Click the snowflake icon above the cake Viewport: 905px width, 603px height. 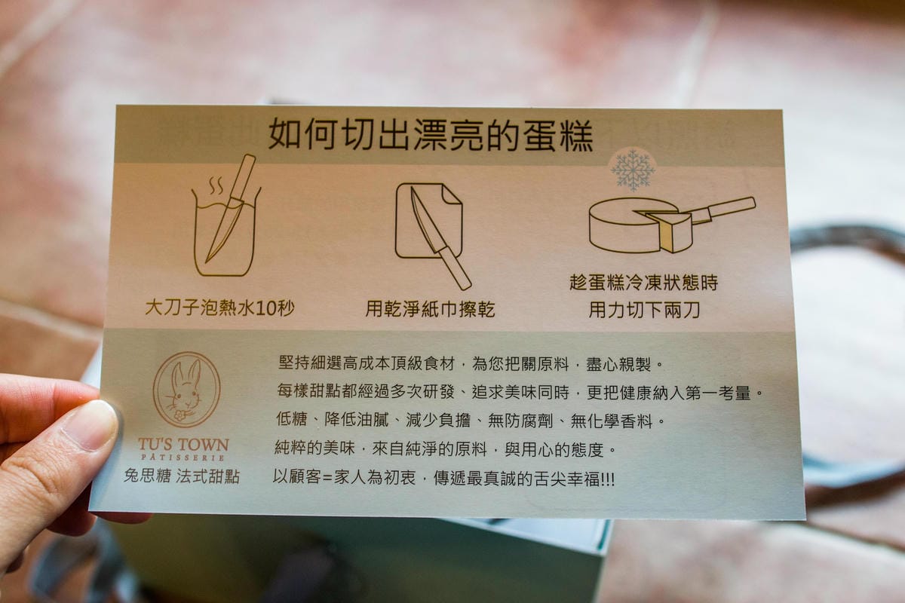tap(633, 170)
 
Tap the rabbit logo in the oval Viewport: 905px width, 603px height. tap(187, 390)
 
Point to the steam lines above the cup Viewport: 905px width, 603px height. tap(216, 185)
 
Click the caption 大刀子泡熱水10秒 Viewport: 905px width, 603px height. tap(219, 308)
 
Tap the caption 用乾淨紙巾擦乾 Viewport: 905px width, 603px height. tap(431, 309)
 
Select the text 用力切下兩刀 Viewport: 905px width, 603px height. tap(644, 311)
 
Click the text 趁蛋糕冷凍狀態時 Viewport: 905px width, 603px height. tap(644, 283)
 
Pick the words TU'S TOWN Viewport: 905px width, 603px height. tap(184, 445)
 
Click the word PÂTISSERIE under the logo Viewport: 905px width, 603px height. tap(183, 458)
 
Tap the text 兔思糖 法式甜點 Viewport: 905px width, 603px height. tap(182, 476)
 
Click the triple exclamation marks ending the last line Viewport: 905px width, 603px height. tap(608, 480)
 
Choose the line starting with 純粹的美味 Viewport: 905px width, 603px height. tap(444, 449)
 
